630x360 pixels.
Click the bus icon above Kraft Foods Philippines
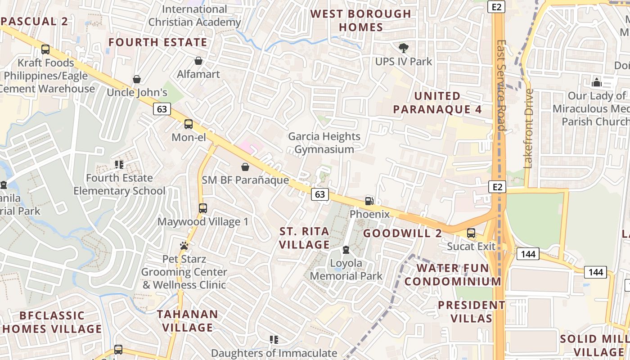tap(45, 49)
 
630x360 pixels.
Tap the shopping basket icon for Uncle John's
tap(137, 80)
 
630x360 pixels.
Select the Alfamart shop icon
tap(198, 61)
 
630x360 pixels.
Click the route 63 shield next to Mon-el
tap(162, 108)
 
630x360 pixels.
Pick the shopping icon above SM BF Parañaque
tap(245, 167)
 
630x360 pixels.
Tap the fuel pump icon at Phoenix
tap(369, 201)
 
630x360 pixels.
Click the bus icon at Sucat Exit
tap(471, 233)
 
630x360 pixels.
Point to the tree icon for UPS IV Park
tap(404, 48)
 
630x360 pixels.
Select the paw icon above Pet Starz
tap(184, 246)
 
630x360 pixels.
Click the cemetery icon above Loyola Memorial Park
tap(346, 250)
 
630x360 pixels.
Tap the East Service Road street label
tap(501, 85)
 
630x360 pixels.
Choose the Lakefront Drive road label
tap(529, 128)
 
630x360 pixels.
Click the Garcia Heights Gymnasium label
tap(324, 143)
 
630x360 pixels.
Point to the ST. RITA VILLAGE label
tap(305, 238)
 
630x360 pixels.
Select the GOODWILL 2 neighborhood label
tap(402, 233)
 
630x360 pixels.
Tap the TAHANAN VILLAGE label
tap(187, 321)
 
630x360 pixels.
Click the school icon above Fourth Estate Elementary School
tap(119, 165)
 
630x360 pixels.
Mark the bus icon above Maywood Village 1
tap(203, 208)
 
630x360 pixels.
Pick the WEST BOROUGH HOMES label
tap(361, 20)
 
